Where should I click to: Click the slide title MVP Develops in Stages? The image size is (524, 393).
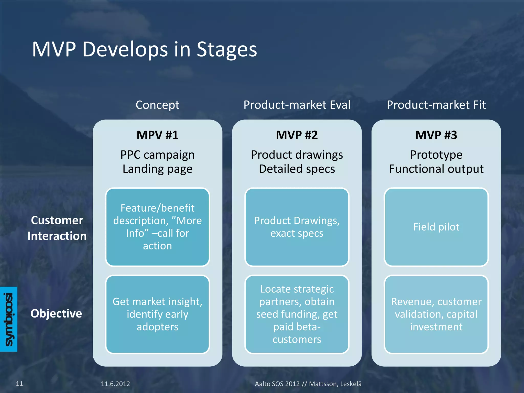[144, 49]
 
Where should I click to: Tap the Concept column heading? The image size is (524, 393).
[157, 105]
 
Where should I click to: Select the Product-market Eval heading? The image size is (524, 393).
[297, 105]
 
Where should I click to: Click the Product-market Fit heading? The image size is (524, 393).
[436, 105]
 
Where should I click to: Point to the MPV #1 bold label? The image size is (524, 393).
[157, 135]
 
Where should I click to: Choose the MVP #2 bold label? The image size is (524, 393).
[297, 135]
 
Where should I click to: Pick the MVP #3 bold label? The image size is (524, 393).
[436, 135]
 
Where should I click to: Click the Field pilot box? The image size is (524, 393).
[436, 227]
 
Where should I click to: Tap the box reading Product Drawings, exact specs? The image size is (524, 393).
[297, 227]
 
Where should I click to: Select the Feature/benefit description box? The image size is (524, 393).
[157, 227]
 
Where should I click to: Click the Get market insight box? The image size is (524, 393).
[157, 314]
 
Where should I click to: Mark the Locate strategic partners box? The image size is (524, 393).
[297, 314]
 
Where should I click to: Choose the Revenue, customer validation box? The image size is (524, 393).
[436, 314]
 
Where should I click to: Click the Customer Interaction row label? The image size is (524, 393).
[57, 228]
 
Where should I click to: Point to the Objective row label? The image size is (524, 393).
[56, 313]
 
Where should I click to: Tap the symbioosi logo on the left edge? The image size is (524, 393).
[9, 319]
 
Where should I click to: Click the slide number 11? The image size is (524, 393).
[19, 384]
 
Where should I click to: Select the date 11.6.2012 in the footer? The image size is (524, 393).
[115, 384]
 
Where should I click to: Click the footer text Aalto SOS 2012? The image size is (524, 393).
[277, 384]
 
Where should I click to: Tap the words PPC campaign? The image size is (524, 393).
[157, 155]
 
